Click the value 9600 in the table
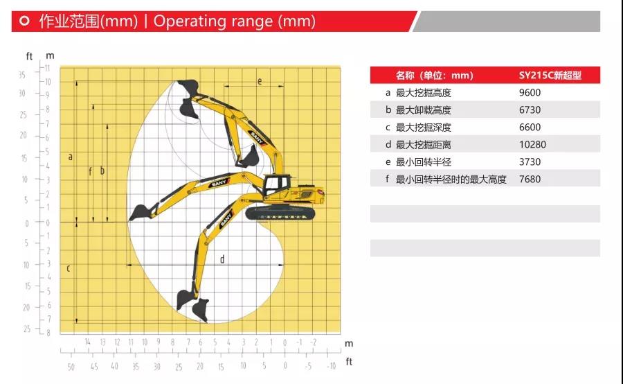pos(530,93)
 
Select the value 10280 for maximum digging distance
pos(532,144)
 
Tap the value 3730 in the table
pos(530,162)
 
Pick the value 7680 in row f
pos(530,179)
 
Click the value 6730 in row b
pos(530,110)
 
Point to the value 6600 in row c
pos(530,128)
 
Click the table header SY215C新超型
pos(550,76)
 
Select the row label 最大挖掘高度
pos(424,93)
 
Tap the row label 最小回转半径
pos(424,162)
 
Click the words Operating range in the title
pos(214,21)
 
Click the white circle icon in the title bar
pos(25,21)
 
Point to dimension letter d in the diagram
pos(222,259)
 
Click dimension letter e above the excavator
pos(260,82)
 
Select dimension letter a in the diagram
pos(71,157)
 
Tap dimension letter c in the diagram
pos(69,269)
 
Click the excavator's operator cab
pos(276,186)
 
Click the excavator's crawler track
pos(280,213)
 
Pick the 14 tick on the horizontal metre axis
pos(87,342)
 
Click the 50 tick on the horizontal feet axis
pos(71,367)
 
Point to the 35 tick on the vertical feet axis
pos(22,76)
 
